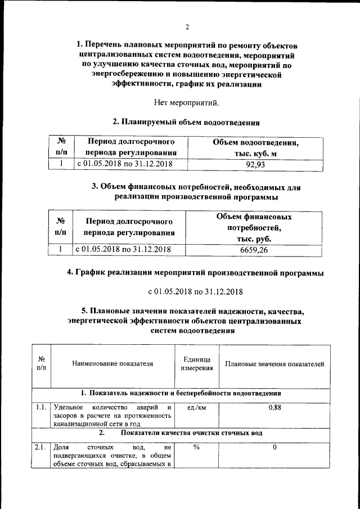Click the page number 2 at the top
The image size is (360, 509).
[187, 26]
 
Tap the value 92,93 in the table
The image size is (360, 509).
[255, 165]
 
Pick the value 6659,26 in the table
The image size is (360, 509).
[253, 250]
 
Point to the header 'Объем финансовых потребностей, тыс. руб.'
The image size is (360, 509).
[254, 228]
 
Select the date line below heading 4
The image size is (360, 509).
[195, 291]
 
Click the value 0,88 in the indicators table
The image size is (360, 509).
[274, 407]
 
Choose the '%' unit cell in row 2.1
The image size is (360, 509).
[196, 447]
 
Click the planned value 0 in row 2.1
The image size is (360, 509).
[274, 447]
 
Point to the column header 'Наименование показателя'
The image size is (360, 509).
[112, 364]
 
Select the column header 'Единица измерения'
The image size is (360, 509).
[196, 364]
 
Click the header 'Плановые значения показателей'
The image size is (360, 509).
[274, 364]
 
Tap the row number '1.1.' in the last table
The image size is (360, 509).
[41, 407]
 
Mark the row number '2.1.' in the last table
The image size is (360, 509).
[41, 447]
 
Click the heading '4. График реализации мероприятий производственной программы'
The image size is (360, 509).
[195, 273]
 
